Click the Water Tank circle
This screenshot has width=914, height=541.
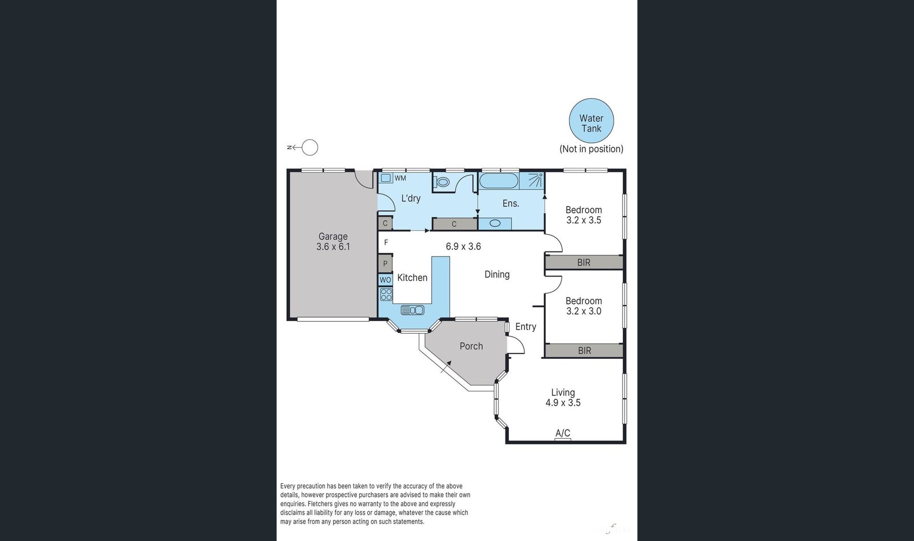click(x=591, y=121)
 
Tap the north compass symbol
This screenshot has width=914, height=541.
click(x=303, y=147)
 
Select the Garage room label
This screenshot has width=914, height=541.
click(x=333, y=237)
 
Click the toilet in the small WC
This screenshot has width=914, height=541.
click(x=442, y=182)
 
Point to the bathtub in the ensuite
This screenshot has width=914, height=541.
click(x=498, y=181)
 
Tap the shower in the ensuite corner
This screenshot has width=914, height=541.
click(x=532, y=181)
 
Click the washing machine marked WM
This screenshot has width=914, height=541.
click(x=386, y=178)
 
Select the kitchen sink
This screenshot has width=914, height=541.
click(x=412, y=310)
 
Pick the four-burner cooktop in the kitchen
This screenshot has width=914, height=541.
click(x=386, y=294)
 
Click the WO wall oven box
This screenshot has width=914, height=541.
click(x=385, y=280)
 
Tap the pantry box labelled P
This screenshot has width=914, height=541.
click(x=385, y=263)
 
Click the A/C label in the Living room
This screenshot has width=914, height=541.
click(x=563, y=433)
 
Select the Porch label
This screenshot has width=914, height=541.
click(x=471, y=346)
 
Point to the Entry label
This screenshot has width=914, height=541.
click(x=526, y=326)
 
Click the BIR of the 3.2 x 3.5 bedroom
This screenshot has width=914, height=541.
click(x=584, y=262)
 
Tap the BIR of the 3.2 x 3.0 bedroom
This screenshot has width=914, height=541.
click(x=584, y=350)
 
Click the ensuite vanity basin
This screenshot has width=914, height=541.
click(x=495, y=223)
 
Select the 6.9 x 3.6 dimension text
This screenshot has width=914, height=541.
click(x=463, y=246)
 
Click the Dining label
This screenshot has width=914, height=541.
click(x=497, y=275)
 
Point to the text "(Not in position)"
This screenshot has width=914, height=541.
click(x=591, y=149)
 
